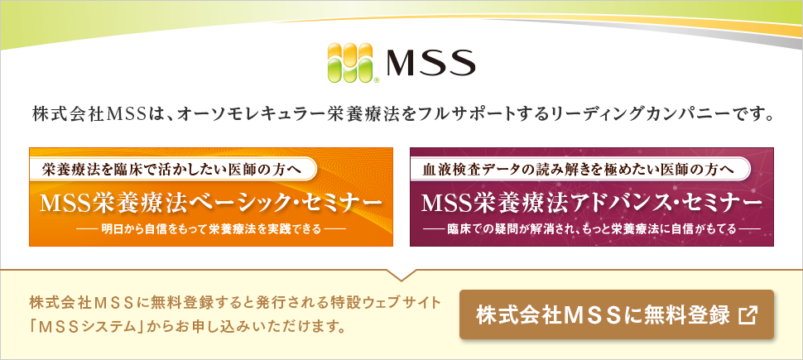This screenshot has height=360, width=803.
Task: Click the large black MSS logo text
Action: [430, 63]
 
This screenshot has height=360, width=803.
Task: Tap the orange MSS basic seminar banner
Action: [211, 197]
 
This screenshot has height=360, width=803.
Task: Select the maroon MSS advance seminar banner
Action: [592, 197]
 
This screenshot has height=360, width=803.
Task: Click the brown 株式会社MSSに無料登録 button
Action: [617, 314]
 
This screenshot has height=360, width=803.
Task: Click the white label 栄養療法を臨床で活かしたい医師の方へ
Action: [171, 169]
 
